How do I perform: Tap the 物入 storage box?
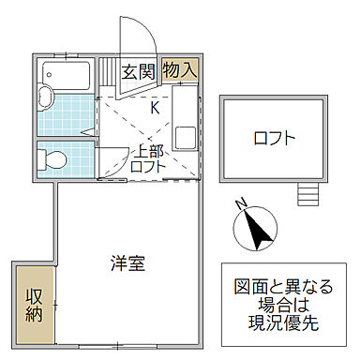click(x=179, y=69)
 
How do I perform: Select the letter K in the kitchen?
click(x=156, y=106)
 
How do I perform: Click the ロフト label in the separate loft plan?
click(x=275, y=138)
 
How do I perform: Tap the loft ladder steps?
click(x=307, y=194)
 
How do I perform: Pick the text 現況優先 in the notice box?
click(x=284, y=322)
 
